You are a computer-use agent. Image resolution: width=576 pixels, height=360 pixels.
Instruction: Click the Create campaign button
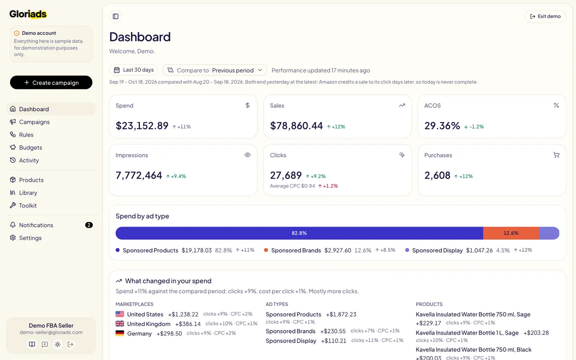point(51,82)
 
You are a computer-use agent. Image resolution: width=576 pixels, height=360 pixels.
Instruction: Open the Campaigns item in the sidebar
point(34,122)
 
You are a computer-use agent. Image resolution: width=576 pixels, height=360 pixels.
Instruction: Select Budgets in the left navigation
point(30,147)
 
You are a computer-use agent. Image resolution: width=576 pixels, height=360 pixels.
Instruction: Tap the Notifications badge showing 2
point(89,225)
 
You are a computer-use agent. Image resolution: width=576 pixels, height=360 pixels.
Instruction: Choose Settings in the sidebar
point(30,238)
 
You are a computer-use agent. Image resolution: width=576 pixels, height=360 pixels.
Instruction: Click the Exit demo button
point(545,16)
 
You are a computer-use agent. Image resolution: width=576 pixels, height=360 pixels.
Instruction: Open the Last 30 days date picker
point(133,70)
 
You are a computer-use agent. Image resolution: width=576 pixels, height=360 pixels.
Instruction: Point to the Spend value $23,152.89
point(142,125)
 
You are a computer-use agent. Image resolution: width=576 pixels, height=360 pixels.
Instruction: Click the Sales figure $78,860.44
point(296,125)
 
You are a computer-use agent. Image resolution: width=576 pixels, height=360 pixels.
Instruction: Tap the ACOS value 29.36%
point(442,125)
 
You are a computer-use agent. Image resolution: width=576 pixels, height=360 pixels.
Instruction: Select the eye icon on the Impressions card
point(247,155)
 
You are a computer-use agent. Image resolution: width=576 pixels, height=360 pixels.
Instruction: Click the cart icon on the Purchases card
point(556,155)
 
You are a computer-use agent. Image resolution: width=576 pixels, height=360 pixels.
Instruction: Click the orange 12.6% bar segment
point(511,233)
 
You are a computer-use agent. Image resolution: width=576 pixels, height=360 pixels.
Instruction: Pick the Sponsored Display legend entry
point(437,250)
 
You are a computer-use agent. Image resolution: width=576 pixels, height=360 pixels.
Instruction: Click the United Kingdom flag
point(120,323)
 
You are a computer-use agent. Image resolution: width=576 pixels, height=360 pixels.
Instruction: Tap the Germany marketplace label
point(139,333)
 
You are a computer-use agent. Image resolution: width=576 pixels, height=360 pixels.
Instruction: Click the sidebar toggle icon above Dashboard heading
point(115,16)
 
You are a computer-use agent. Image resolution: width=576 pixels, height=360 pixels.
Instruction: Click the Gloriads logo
point(28,14)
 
